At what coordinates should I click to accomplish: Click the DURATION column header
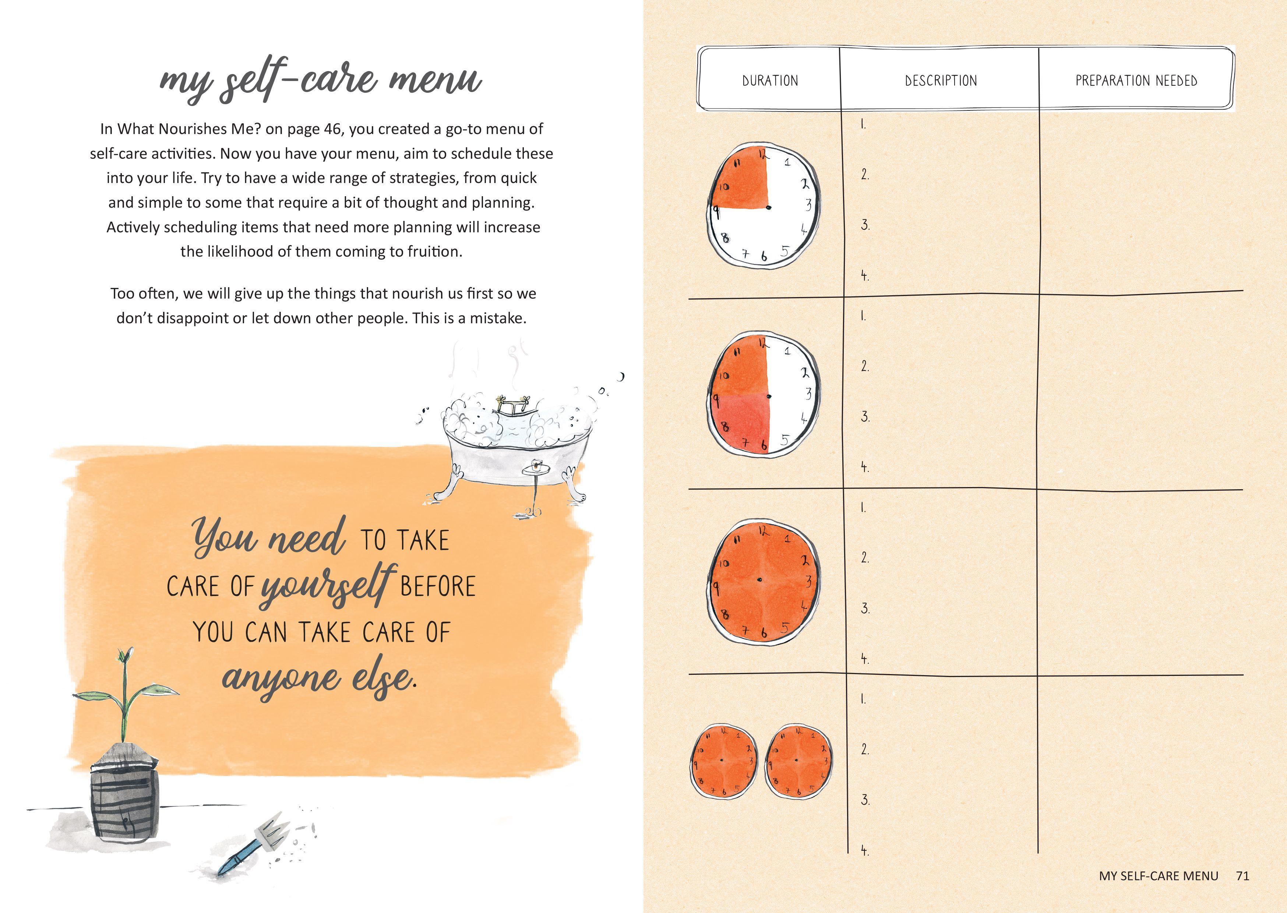tap(770, 81)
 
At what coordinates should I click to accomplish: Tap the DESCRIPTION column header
tap(941, 81)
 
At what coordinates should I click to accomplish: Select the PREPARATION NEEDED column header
tap(1136, 81)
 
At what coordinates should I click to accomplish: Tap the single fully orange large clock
tap(763, 580)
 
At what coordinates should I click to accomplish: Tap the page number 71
tap(1242, 875)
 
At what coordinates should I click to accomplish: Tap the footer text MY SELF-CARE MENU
tap(1159, 875)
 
